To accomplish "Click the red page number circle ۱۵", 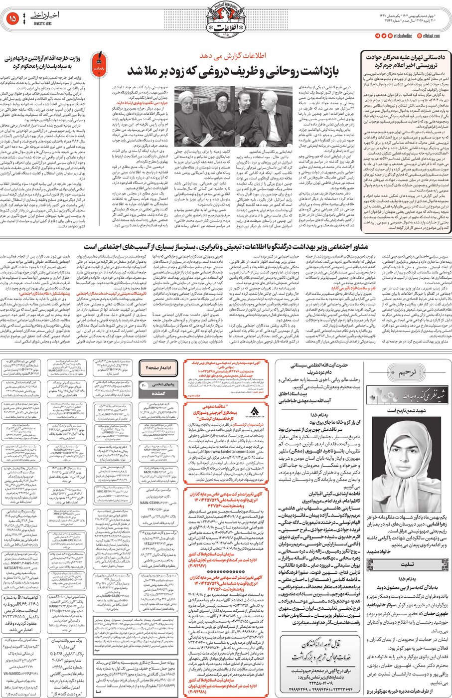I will [13, 19].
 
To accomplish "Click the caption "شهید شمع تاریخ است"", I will [409, 410].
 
